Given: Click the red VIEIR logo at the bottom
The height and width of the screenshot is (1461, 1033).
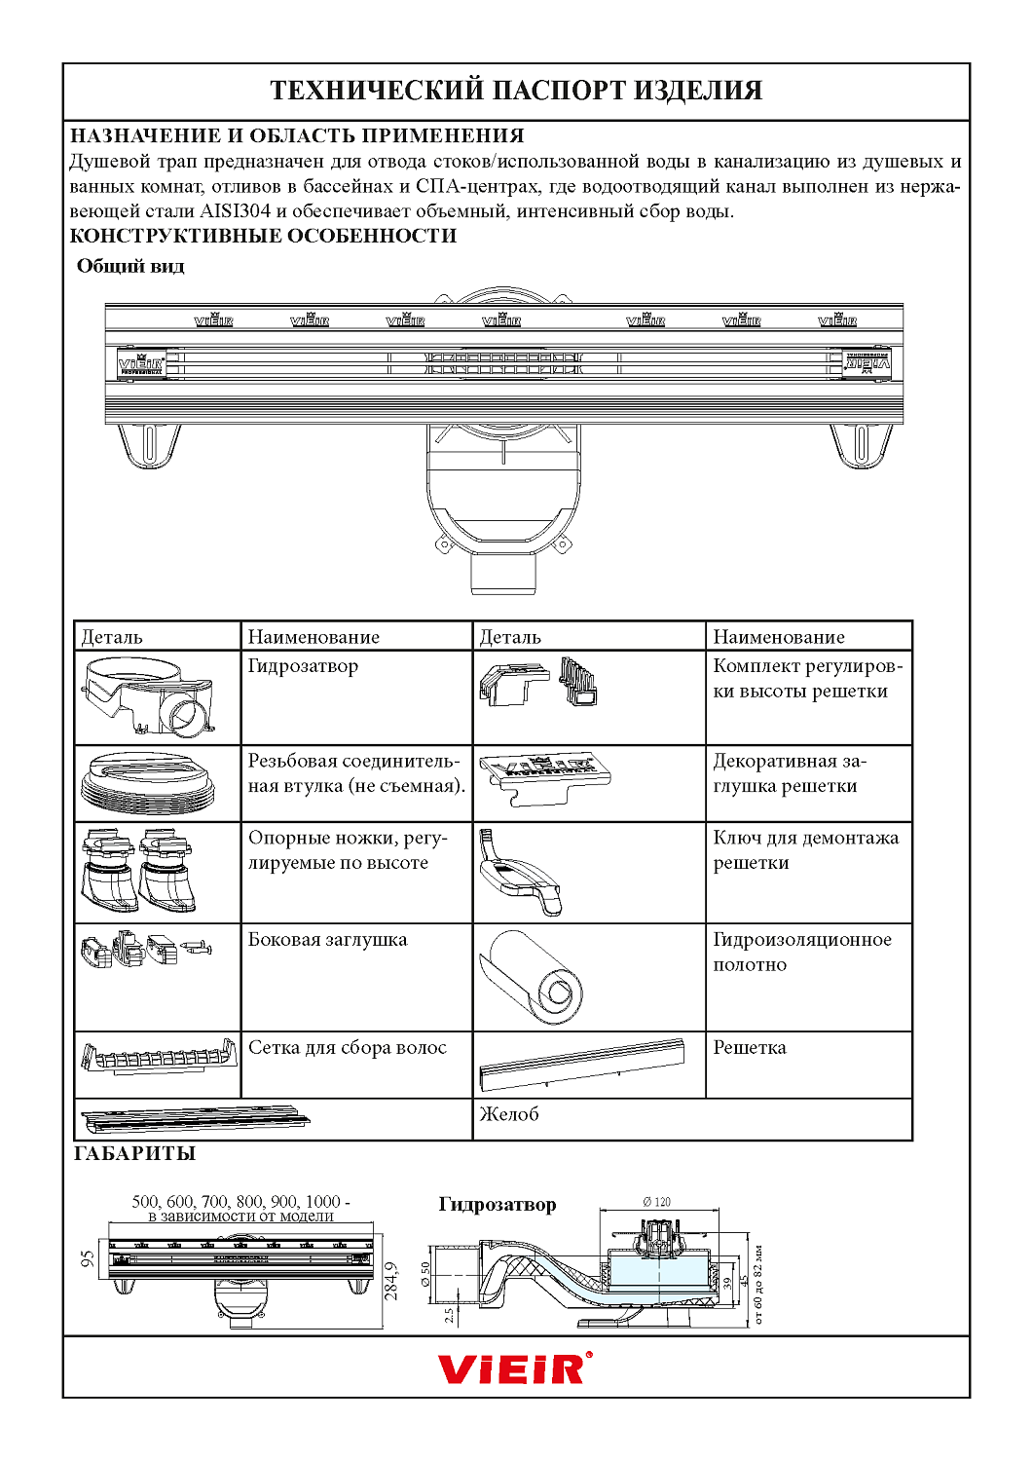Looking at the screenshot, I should point(514,1368).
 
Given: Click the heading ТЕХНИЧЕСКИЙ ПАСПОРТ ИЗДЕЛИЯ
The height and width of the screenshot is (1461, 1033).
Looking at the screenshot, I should point(516,91).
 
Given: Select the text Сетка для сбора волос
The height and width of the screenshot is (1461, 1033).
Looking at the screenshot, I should point(348,1048).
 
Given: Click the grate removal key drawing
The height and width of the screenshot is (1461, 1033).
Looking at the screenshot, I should point(521,873).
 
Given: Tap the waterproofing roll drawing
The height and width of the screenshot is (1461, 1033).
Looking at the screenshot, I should point(533,977).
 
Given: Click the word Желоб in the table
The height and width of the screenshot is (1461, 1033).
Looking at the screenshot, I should point(509,1114).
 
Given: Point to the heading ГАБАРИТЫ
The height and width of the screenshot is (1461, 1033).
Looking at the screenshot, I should point(134,1154).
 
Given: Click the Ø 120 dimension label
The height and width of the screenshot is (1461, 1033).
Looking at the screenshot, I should point(656,1202).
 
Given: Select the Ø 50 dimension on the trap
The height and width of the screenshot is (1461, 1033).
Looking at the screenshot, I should point(425,1274).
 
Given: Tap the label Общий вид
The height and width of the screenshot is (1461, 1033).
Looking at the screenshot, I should point(130,267).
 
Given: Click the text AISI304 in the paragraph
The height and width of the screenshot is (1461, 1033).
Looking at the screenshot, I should point(235,211).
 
